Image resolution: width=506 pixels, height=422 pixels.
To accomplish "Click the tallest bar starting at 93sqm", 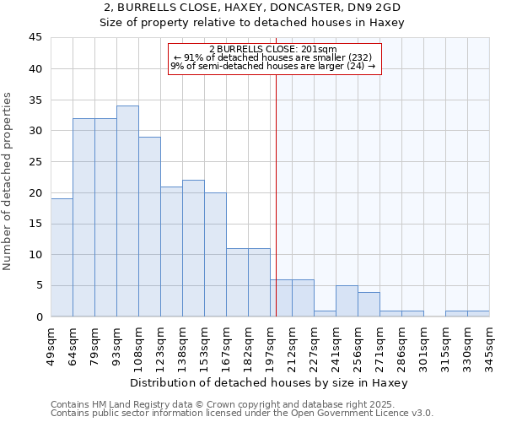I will coord(127,211).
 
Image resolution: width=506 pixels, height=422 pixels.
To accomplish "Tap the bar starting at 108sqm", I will coord(149,226).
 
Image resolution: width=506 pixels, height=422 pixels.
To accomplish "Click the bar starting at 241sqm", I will coord(347,301).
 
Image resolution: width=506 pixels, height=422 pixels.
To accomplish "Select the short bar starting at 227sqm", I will coord(325,313).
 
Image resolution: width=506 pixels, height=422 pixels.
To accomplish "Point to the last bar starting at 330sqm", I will coord(478,313).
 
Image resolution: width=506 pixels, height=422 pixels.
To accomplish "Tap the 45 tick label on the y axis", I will coord(35,38).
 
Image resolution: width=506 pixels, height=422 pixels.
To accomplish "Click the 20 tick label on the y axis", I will coord(35,192).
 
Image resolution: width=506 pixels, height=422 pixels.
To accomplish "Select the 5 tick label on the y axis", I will coord(39,285).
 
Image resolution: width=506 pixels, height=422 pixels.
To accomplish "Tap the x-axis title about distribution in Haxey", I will coord(269,382).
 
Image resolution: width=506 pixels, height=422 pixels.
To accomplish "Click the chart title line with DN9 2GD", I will coord(252,8).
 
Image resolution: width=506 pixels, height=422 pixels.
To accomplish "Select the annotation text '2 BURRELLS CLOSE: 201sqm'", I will coord(272,49).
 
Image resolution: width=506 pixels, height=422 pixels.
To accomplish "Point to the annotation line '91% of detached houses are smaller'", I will coord(272,57).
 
